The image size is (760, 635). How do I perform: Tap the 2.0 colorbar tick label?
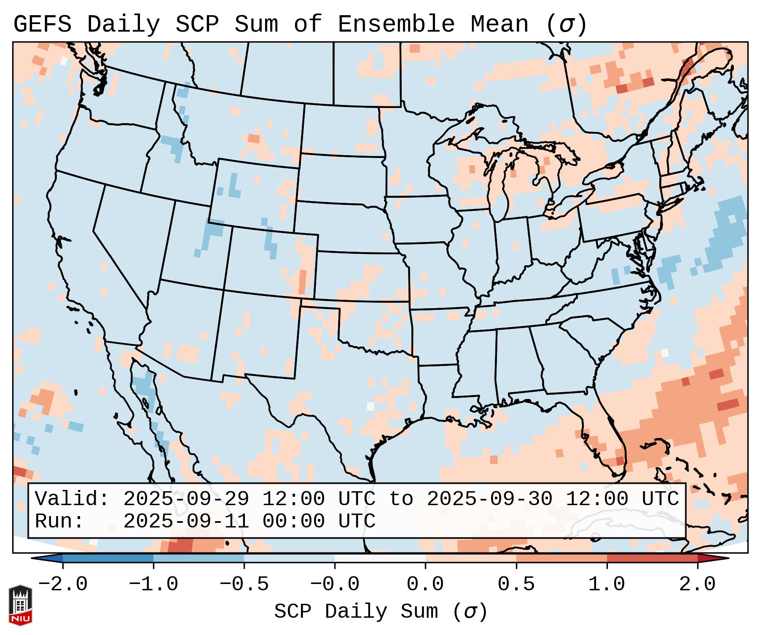697,584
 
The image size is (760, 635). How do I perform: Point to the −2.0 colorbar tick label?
63,584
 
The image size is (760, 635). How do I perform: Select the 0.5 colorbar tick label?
516,584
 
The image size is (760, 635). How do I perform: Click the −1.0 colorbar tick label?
153,584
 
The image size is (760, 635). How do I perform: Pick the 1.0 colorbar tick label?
607,584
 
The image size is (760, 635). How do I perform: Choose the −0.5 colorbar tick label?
244,584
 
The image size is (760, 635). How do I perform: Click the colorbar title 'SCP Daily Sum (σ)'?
381,612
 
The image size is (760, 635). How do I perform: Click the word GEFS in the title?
42,24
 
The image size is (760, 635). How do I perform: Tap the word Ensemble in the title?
396,24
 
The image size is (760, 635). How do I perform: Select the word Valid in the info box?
72,499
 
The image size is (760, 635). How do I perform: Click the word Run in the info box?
59,522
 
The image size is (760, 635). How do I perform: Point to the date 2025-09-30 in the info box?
489,499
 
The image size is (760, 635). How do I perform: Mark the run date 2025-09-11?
186,522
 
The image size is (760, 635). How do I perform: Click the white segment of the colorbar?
380,558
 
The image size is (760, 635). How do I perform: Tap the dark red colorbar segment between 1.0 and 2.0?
652,558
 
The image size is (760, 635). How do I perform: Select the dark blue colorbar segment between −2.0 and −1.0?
108,558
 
